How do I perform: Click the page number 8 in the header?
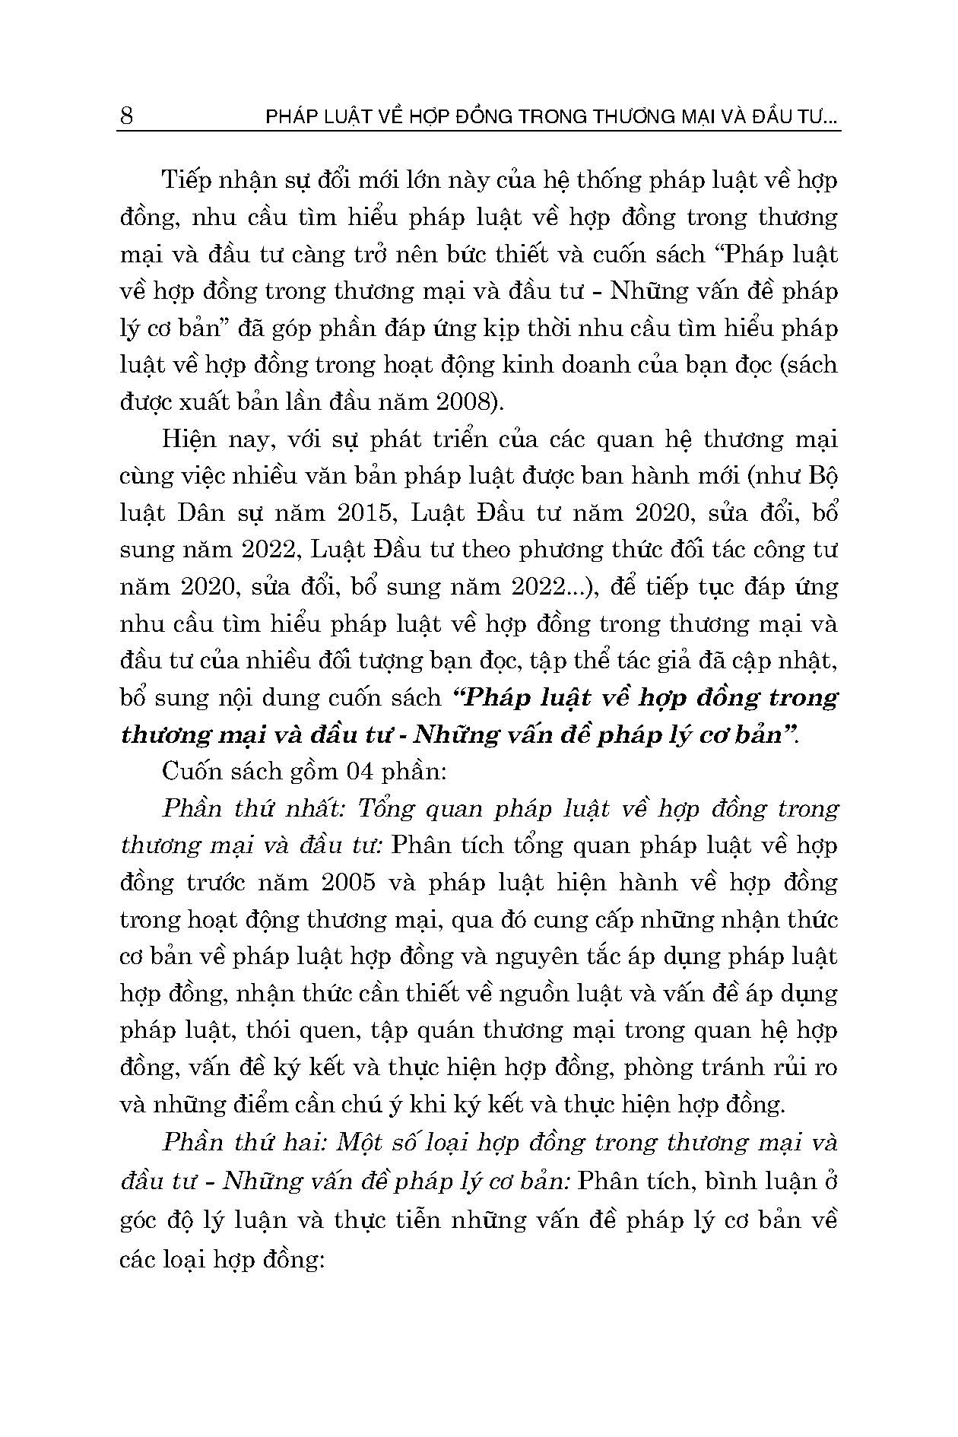[127, 116]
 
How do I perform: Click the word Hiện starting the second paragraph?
[186, 439]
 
